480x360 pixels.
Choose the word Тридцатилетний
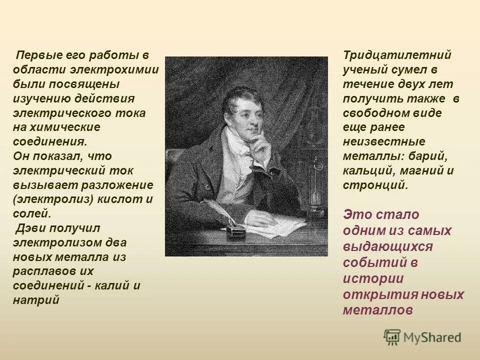(397, 55)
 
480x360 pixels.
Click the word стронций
(375, 185)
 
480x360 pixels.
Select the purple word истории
(373, 278)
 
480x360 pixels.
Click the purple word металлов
(378, 310)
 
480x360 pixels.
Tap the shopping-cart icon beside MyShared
(391, 337)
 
